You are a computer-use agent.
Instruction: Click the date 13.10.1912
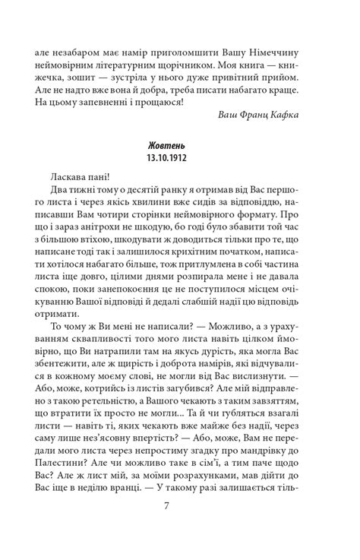[180, 162]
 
